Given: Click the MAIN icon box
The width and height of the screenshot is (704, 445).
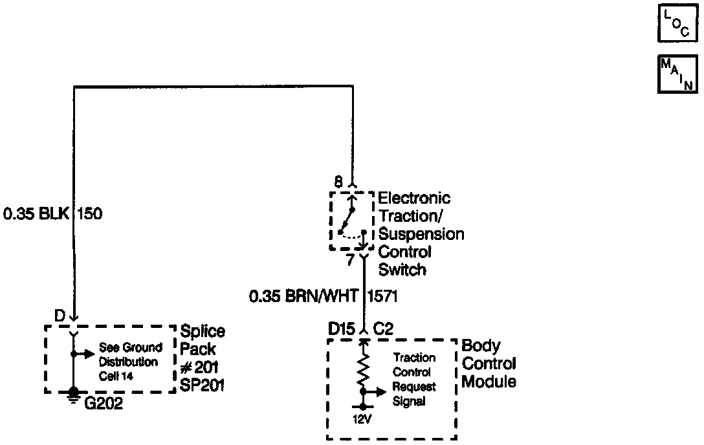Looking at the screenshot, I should [x=677, y=74].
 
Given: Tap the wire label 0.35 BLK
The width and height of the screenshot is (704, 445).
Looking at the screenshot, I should [x=36, y=213].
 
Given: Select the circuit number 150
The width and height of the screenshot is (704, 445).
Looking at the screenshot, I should [x=90, y=213].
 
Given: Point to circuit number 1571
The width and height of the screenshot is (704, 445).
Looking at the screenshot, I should [x=382, y=297].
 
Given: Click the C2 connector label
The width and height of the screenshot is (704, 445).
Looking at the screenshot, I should [x=384, y=329].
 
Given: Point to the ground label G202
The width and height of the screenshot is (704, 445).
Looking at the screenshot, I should [x=104, y=405].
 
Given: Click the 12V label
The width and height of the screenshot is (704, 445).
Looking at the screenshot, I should [x=363, y=419].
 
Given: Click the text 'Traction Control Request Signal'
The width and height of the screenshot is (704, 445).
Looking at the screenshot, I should [x=415, y=380].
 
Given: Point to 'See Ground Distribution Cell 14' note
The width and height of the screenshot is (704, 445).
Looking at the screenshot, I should [x=131, y=362].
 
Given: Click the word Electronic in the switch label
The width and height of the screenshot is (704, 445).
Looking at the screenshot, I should [x=414, y=198].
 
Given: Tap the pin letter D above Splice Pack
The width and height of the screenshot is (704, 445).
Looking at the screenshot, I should [x=60, y=317].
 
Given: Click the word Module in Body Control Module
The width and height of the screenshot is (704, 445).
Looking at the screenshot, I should [x=489, y=382].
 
